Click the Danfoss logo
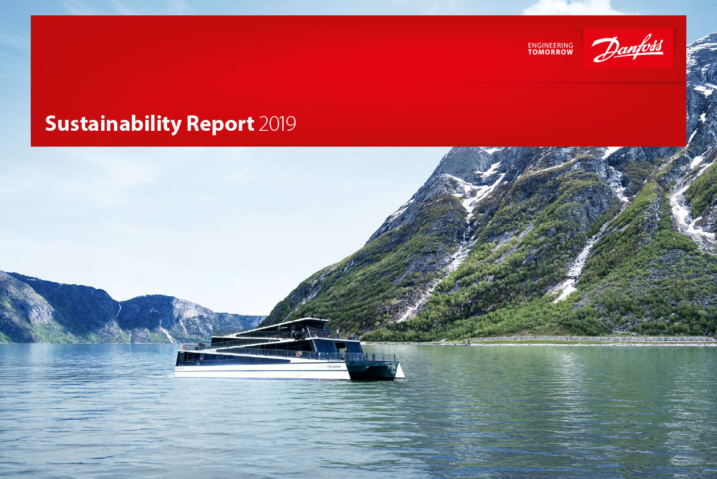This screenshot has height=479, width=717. click(x=628, y=47)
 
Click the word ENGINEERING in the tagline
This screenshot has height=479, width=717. click(x=550, y=46)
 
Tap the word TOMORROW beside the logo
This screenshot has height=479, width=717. click(x=550, y=52)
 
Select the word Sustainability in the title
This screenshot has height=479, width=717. click(x=113, y=124)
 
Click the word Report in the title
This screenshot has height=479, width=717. click(x=220, y=124)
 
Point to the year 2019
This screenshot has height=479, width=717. click(x=277, y=124)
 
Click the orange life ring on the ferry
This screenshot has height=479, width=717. click(x=298, y=354)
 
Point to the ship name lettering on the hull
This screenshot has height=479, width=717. click(x=328, y=366)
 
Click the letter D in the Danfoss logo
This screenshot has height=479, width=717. click(x=602, y=49)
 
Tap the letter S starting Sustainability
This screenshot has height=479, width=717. click(x=51, y=124)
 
